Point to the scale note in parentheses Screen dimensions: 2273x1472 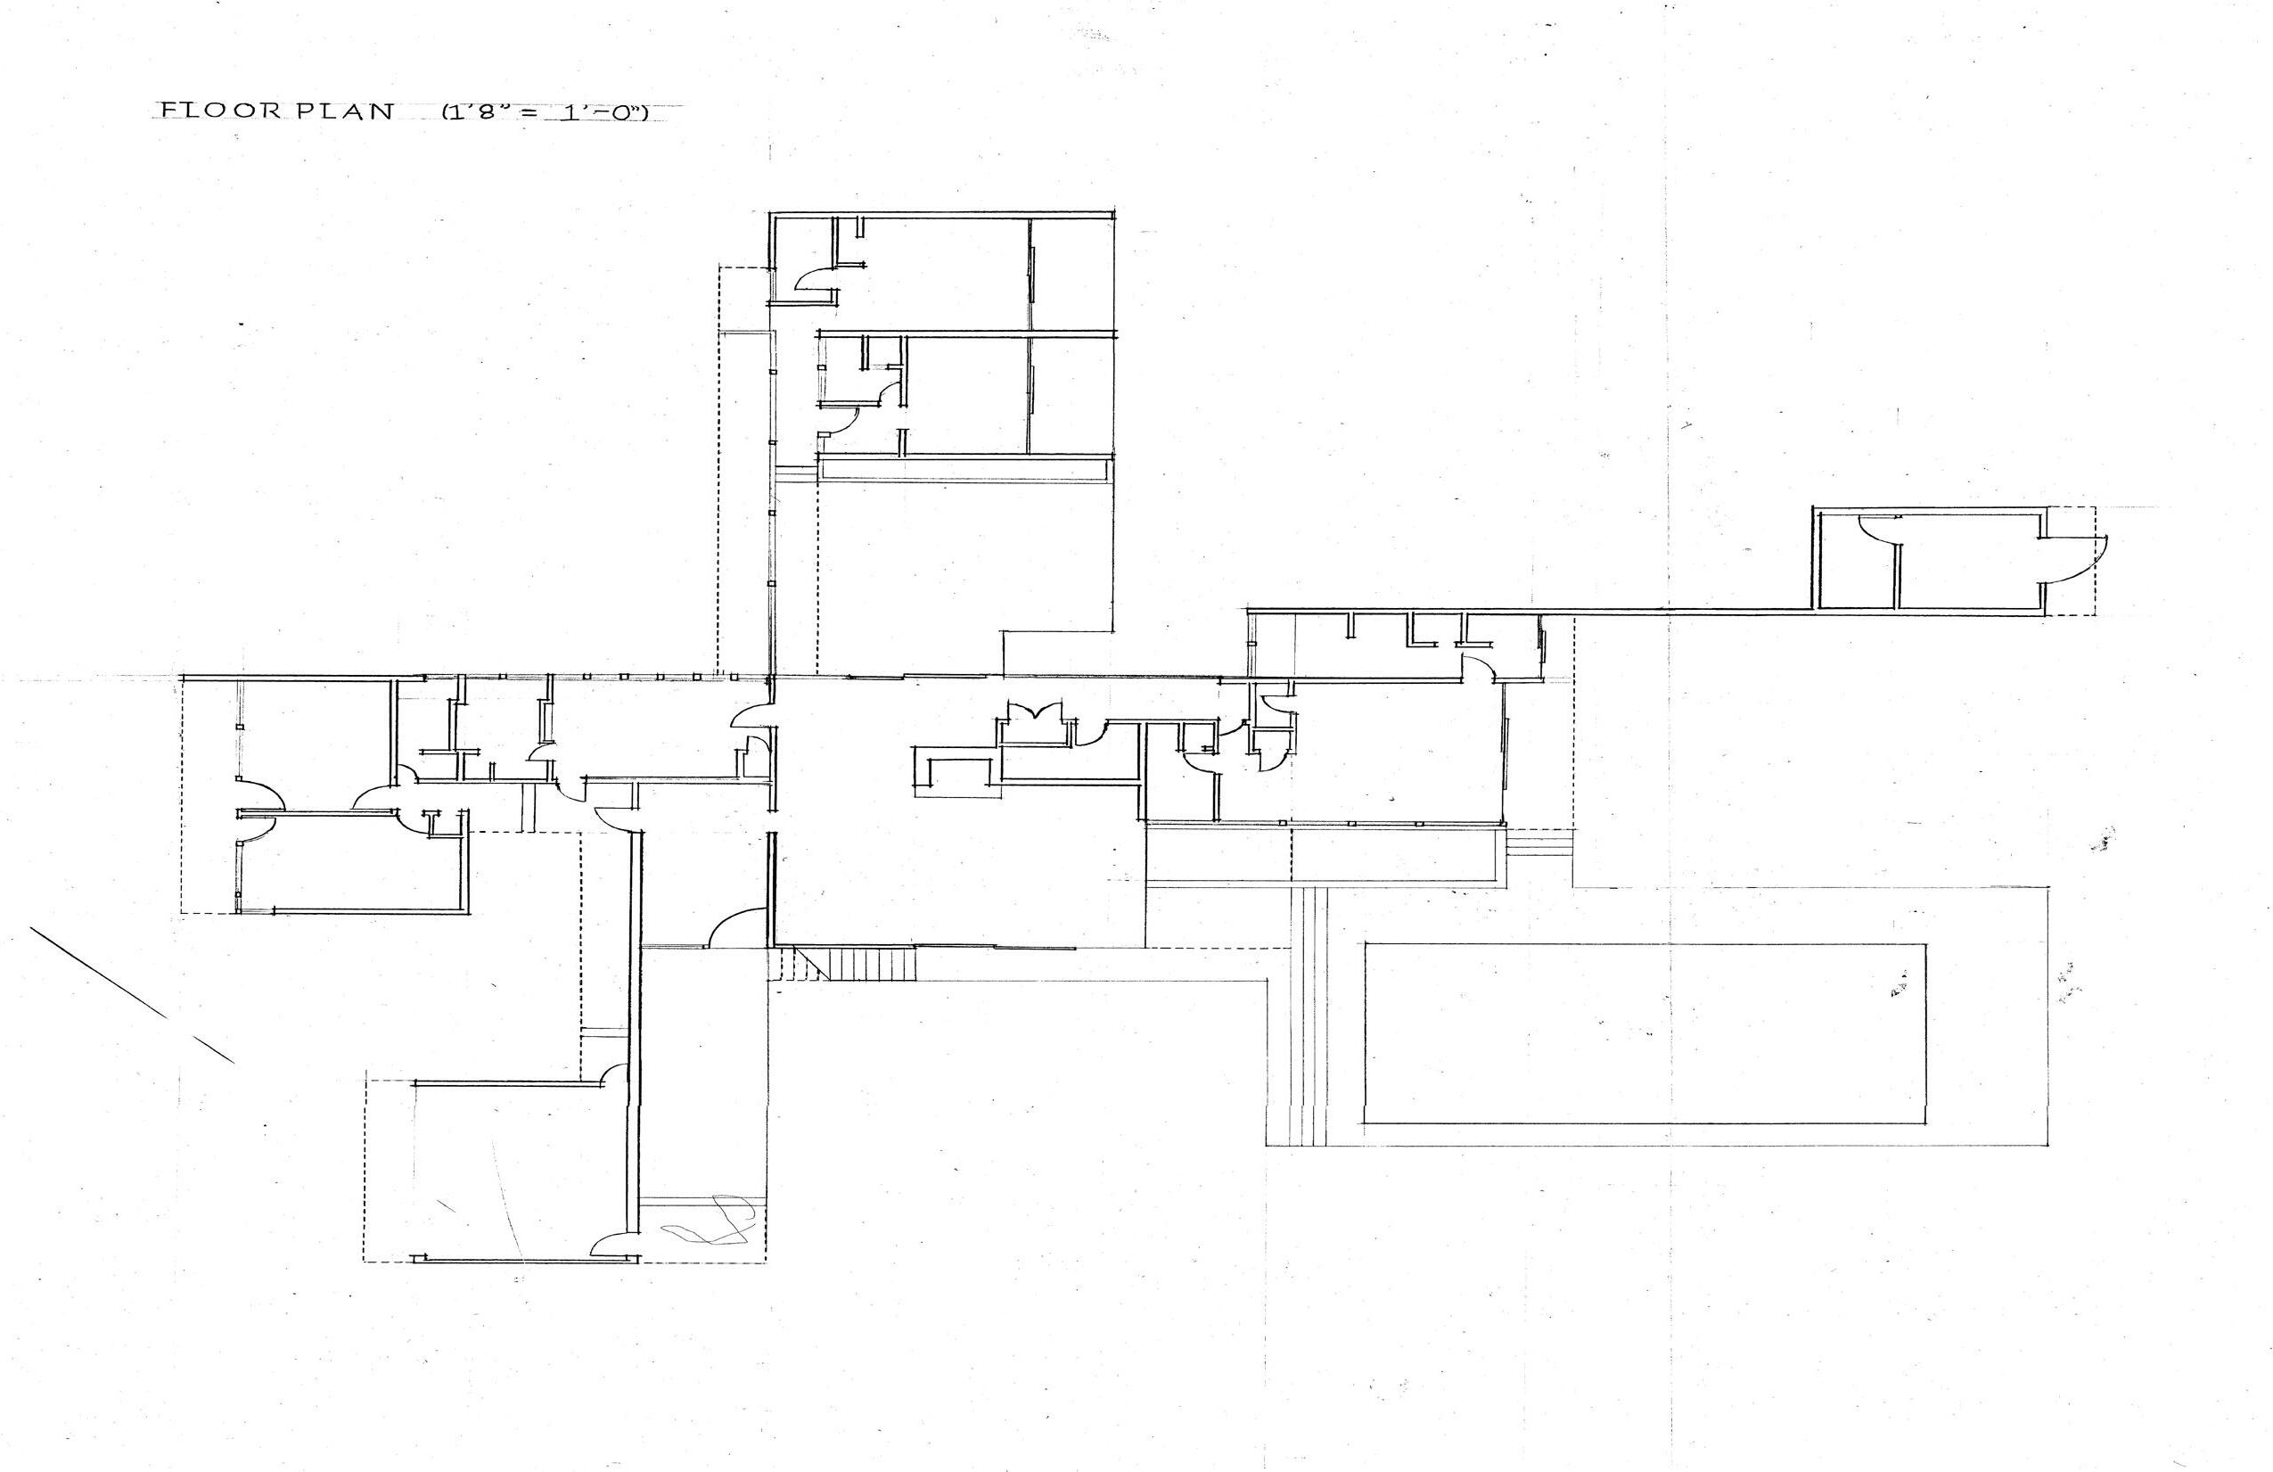click(x=545, y=111)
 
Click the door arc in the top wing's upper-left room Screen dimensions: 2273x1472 click(x=815, y=280)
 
